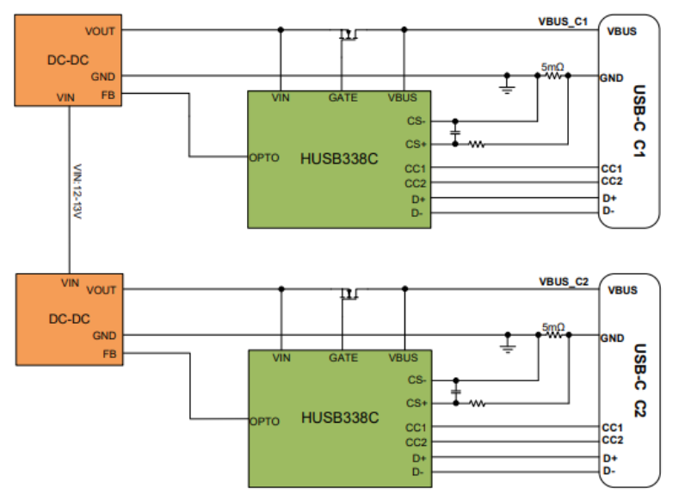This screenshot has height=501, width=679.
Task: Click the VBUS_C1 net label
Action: [x=563, y=22]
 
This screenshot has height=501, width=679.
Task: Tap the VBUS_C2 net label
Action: [x=564, y=281]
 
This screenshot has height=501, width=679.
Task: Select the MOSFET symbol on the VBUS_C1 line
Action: [x=349, y=34]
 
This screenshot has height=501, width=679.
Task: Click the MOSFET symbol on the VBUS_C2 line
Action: [x=349, y=294]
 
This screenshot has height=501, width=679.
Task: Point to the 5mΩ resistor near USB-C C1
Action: [x=553, y=76]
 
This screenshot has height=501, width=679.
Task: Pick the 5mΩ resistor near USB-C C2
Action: [x=554, y=335]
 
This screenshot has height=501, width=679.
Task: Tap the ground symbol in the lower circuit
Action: [x=508, y=344]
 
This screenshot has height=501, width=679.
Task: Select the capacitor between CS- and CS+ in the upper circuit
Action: [x=455, y=133]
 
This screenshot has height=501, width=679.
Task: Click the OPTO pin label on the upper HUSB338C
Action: [x=264, y=158]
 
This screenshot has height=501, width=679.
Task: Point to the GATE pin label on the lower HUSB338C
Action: [x=343, y=357]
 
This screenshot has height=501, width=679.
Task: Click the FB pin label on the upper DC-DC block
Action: [x=108, y=95]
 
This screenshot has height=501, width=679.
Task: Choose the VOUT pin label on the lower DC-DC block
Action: [x=102, y=290]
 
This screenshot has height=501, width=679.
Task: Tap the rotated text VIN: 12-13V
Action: [x=77, y=191]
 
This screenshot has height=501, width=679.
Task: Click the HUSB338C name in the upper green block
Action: [x=339, y=159]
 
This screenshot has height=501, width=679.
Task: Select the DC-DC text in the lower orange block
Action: [x=70, y=319]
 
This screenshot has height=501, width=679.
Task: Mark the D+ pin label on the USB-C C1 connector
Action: [x=609, y=198]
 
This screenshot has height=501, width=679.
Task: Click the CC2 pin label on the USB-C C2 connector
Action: [x=613, y=440]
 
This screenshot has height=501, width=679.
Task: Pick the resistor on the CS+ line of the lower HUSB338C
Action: [x=478, y=404]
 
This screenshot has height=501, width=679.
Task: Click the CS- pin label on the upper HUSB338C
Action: [x=417, y=121]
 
